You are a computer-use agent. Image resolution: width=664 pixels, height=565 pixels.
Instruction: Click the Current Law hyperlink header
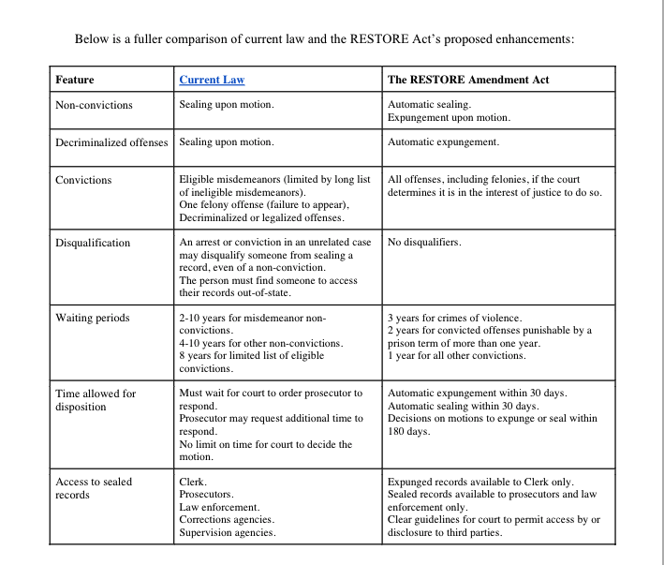click(212, 80)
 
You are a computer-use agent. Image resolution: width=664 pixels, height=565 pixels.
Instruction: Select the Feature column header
click(75, 80)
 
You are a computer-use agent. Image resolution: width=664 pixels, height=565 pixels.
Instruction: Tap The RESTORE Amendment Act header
click(467, 80)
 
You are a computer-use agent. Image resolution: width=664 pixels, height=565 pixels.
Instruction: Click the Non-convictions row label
click(95, 105)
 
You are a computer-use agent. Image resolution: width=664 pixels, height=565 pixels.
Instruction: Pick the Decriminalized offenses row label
click(112, 142)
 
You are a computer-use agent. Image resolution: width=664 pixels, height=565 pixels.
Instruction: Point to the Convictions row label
click(83, 180)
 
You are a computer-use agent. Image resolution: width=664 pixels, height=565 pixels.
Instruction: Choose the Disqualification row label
click(93, 243)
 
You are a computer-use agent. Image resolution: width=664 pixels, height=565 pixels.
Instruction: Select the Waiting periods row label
click(93, 318)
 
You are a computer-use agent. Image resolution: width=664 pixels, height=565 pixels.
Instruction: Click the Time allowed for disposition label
click(96, 400)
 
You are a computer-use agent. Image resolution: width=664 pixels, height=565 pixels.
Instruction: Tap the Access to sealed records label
click(94, 488)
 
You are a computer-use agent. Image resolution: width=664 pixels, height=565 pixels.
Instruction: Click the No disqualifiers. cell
click(424, 243)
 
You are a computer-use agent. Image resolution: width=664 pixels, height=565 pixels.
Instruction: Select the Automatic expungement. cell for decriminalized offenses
click(443, 142)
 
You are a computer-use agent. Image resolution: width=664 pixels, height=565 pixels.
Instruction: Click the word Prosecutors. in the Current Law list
click(207, 494)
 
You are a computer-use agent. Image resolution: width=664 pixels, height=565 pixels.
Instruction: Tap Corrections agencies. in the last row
click(227, 519)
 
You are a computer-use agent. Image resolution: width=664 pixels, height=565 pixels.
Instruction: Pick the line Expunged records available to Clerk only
click(480, 482)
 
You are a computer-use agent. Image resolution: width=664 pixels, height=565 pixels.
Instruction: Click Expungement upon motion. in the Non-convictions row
click(449, 117)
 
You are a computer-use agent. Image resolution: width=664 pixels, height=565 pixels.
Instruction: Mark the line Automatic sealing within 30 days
click(463, 406)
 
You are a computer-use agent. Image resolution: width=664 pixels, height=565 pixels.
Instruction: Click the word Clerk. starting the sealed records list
click(193, 482)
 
